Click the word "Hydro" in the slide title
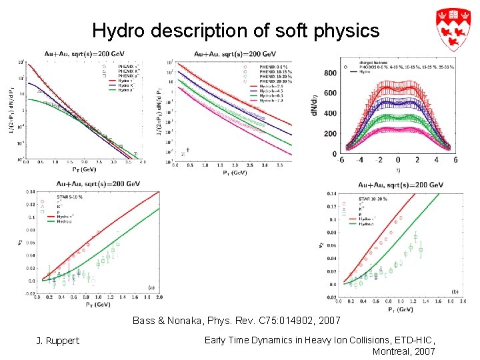(111, 30)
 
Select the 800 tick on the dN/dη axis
(331, 73)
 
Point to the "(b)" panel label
(454, 291)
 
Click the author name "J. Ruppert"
(57, 341)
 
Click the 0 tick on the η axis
(398, 160)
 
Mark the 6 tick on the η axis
(455, 160)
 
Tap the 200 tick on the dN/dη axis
(331, 133)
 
